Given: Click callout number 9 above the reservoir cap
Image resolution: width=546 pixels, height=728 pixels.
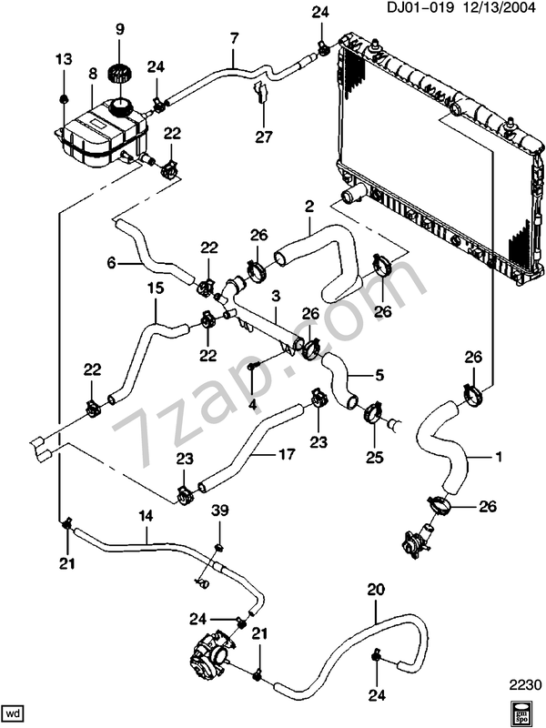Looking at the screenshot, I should click(x=118, y=31).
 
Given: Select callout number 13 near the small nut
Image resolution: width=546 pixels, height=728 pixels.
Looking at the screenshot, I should click(x=63, y=59).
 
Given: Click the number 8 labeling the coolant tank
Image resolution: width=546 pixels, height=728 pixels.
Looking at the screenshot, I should click(x=92, y=73).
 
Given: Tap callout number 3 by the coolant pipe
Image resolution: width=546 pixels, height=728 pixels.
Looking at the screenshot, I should click(x=274, y=297).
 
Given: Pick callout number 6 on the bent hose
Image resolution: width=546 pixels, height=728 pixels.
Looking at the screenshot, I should click(x=112, y=264).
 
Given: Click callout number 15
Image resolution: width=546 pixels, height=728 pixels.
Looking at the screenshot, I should click(x=154, y=288).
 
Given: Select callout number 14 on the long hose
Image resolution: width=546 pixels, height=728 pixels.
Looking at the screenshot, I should click(x=145, y=515).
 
